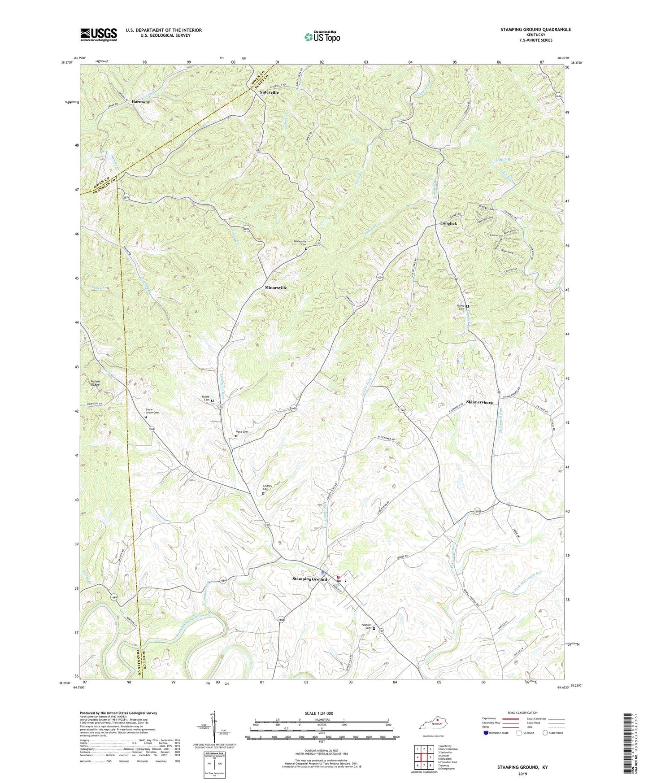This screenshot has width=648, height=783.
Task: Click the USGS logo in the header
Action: coord(99,34)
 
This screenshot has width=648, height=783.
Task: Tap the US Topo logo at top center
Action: coord(322,37)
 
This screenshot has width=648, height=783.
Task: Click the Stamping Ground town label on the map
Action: coord(310,579)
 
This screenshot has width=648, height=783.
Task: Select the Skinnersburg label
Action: coord(479,402)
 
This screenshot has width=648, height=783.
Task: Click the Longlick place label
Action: coord(448,223)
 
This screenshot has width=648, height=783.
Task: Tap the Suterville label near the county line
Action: coord(270,92)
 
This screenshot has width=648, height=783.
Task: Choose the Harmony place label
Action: coord(141,102)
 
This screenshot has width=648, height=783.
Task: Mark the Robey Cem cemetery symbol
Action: coord(467,306)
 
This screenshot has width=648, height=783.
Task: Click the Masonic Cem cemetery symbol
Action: coord(374,628)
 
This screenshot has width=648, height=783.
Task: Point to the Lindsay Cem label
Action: coord(268,487)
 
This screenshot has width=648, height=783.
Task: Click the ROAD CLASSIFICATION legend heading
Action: coord(522,713)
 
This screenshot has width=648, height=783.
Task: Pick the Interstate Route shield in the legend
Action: coord(486,733)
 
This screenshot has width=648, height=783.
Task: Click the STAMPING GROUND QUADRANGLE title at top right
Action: coord(535,30)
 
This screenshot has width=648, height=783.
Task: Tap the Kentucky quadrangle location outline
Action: coord(434,724)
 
